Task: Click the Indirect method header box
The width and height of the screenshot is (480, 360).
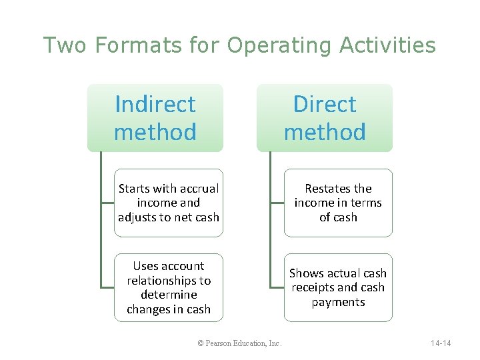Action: click(x=155, y=118)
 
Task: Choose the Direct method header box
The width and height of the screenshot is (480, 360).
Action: click(x=325, y=118)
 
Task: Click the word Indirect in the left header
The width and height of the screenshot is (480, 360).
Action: click(x=155, y=104)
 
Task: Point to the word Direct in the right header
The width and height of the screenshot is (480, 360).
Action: click(x=325, y=104)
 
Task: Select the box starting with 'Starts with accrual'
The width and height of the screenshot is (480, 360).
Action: click(x=169, y=203)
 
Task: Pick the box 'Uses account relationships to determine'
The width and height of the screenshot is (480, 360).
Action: click(x=169, y=287)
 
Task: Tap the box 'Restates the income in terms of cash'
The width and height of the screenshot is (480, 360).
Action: click(x=338, y=203)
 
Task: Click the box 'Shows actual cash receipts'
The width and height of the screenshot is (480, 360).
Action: click(x=338, y=287)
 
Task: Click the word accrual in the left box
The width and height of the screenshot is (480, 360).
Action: click(x=197, y=189)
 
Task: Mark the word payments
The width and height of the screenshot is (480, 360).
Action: click(x=338, y=302)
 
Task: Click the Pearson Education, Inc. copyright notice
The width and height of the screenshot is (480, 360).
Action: click(x=240, y=343)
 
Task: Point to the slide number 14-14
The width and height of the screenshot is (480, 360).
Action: click(x=441, y=343)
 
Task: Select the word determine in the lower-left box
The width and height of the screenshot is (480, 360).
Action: click(x=169, y=295)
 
